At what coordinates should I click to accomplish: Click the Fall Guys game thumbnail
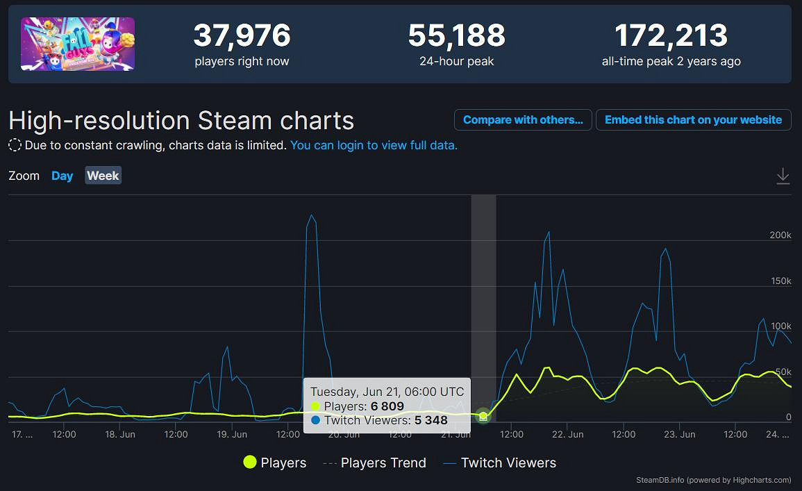(x=78, y=44)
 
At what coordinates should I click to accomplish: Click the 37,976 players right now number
(x=242, y=35)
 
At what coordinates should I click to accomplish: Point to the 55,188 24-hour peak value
(x=456, y=35)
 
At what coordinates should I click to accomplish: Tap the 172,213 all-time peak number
(x=671, y=35)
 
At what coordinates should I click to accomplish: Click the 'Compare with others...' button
(x=523, y=119)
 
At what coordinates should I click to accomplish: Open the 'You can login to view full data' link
(x=374, y=145)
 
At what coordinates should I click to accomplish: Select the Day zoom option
(x=62, y=176)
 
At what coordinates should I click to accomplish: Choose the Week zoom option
(x=103, y=176)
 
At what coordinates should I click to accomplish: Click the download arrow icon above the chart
(x=783, y=176)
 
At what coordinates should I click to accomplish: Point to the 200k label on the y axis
(x=780, y=235)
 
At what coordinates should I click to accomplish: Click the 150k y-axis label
(x=780, y=281)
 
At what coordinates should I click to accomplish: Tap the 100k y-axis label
(x=780, y=326)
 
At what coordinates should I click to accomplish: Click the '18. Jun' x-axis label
(x=119, y=435)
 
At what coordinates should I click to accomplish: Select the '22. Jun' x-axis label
(x=567, y=435)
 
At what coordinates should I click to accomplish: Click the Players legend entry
(x=274, y=463)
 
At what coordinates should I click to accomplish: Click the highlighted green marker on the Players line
(x=483, y=416)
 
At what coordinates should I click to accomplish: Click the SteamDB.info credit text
(x=713, y=480)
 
